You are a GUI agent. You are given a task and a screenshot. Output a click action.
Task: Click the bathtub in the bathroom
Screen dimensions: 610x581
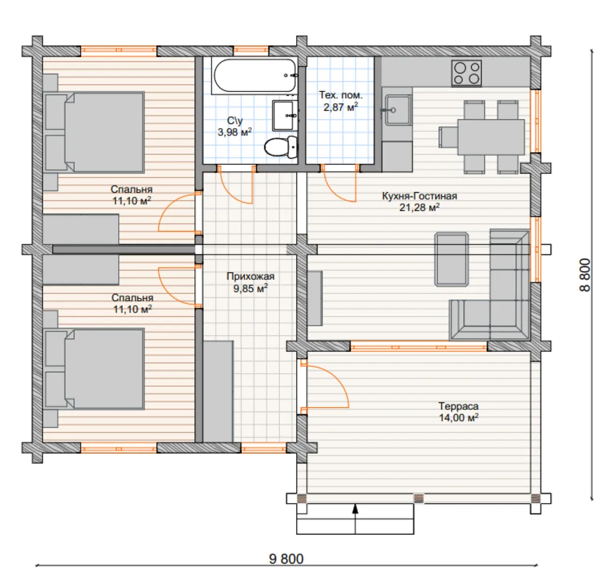254,75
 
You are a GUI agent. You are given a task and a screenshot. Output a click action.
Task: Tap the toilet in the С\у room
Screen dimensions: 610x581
281,147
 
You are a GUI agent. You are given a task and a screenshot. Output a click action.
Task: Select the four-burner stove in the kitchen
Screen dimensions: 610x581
466,73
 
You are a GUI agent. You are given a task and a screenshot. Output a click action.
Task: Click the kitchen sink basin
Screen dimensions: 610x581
398,110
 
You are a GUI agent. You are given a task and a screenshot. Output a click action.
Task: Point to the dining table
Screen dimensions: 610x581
491,137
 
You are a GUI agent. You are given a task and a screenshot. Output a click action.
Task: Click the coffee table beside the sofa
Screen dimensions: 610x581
451,259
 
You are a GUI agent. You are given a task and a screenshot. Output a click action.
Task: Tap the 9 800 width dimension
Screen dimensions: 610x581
286,559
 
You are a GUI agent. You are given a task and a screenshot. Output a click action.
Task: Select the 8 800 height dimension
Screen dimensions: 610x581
585,275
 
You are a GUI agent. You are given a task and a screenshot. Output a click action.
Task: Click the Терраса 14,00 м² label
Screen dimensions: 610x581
458,412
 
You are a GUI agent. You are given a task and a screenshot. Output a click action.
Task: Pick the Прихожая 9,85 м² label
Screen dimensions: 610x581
251,282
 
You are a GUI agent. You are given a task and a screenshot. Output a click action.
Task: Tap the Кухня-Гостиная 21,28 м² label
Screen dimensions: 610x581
420,202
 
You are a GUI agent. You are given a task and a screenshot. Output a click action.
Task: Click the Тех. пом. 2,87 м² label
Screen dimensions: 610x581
341,101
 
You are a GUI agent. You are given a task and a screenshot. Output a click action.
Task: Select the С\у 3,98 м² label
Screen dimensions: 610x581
235,126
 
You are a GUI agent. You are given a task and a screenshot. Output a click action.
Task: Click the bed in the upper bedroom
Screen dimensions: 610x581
94,132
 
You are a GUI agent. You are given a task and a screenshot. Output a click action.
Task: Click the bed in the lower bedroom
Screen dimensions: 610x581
94,369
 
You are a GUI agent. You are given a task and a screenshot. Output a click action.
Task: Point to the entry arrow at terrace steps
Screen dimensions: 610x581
355,519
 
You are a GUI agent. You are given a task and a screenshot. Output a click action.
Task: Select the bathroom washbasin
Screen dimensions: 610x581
285,115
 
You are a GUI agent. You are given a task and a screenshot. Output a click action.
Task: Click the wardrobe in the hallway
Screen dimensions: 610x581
218,392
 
